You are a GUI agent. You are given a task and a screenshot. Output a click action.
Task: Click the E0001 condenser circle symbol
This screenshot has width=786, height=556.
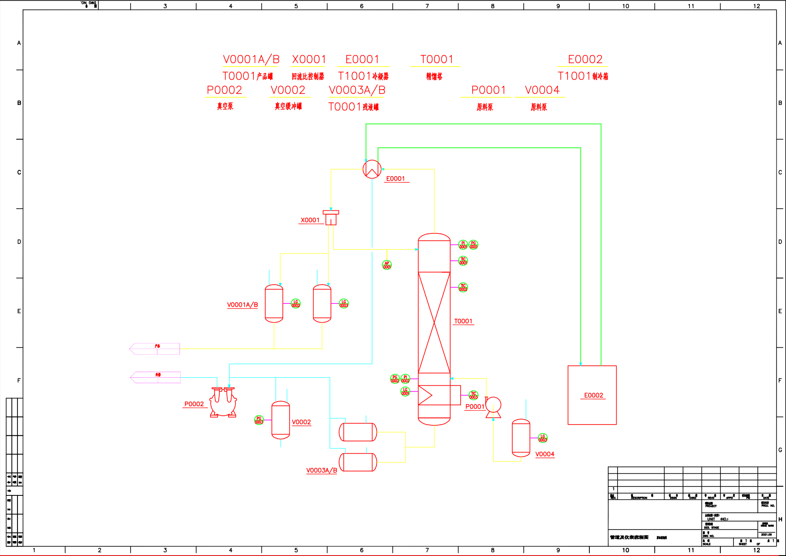pos(372,169)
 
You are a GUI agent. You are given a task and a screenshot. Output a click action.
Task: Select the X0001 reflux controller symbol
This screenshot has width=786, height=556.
pos(331,218)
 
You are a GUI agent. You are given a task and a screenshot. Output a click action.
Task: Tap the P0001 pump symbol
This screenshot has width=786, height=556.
pos(493,406)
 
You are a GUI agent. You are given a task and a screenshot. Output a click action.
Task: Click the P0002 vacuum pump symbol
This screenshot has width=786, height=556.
pos(223,402)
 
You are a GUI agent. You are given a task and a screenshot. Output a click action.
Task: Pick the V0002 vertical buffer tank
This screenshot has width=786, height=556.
pos(281,420)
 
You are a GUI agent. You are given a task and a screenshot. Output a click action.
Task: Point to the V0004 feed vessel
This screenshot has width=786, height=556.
pos(521,438)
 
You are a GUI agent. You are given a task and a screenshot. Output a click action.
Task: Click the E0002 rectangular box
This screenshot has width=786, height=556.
pos(592,395)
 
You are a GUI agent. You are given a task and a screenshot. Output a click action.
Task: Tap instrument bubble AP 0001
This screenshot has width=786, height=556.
pos(387,265)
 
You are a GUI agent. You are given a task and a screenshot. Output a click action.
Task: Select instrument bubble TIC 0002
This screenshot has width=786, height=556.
pos(463,288)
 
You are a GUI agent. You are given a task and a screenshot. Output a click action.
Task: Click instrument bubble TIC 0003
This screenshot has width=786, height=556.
pos(473,395)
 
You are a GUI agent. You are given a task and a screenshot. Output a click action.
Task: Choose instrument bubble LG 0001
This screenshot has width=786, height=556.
pos(405,391)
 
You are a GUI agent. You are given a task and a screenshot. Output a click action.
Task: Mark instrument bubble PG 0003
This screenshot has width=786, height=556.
pos(259,420)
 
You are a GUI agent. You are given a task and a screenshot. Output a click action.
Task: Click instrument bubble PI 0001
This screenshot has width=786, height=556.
pos(463,245)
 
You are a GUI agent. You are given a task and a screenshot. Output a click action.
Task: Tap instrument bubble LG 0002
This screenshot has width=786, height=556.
pos(296,303)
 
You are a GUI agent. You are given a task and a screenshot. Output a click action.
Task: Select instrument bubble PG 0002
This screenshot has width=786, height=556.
pos(395,378)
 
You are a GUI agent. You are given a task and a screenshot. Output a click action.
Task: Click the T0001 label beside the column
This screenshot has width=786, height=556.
pos(463,321)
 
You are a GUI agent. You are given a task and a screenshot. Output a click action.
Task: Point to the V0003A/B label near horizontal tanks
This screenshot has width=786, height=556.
pos(322,470)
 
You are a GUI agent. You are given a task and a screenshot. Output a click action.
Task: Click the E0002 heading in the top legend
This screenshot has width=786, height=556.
pos(585,59)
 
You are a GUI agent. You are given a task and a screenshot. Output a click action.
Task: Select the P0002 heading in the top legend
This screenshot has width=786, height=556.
pos(224,90)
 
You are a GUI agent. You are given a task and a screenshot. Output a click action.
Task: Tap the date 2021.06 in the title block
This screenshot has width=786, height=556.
pos(766,534)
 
